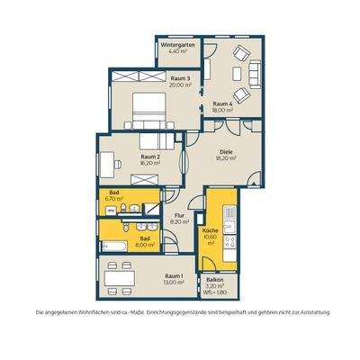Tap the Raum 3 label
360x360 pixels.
pos(180,79)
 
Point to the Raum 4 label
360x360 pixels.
pos(224,103)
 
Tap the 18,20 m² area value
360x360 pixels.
pos(224,158)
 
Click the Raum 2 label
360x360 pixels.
pos(149,157)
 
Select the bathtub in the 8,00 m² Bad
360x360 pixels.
pos(115,245)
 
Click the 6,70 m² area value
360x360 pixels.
pos(114,199)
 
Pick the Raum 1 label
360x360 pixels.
pos(174,276)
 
